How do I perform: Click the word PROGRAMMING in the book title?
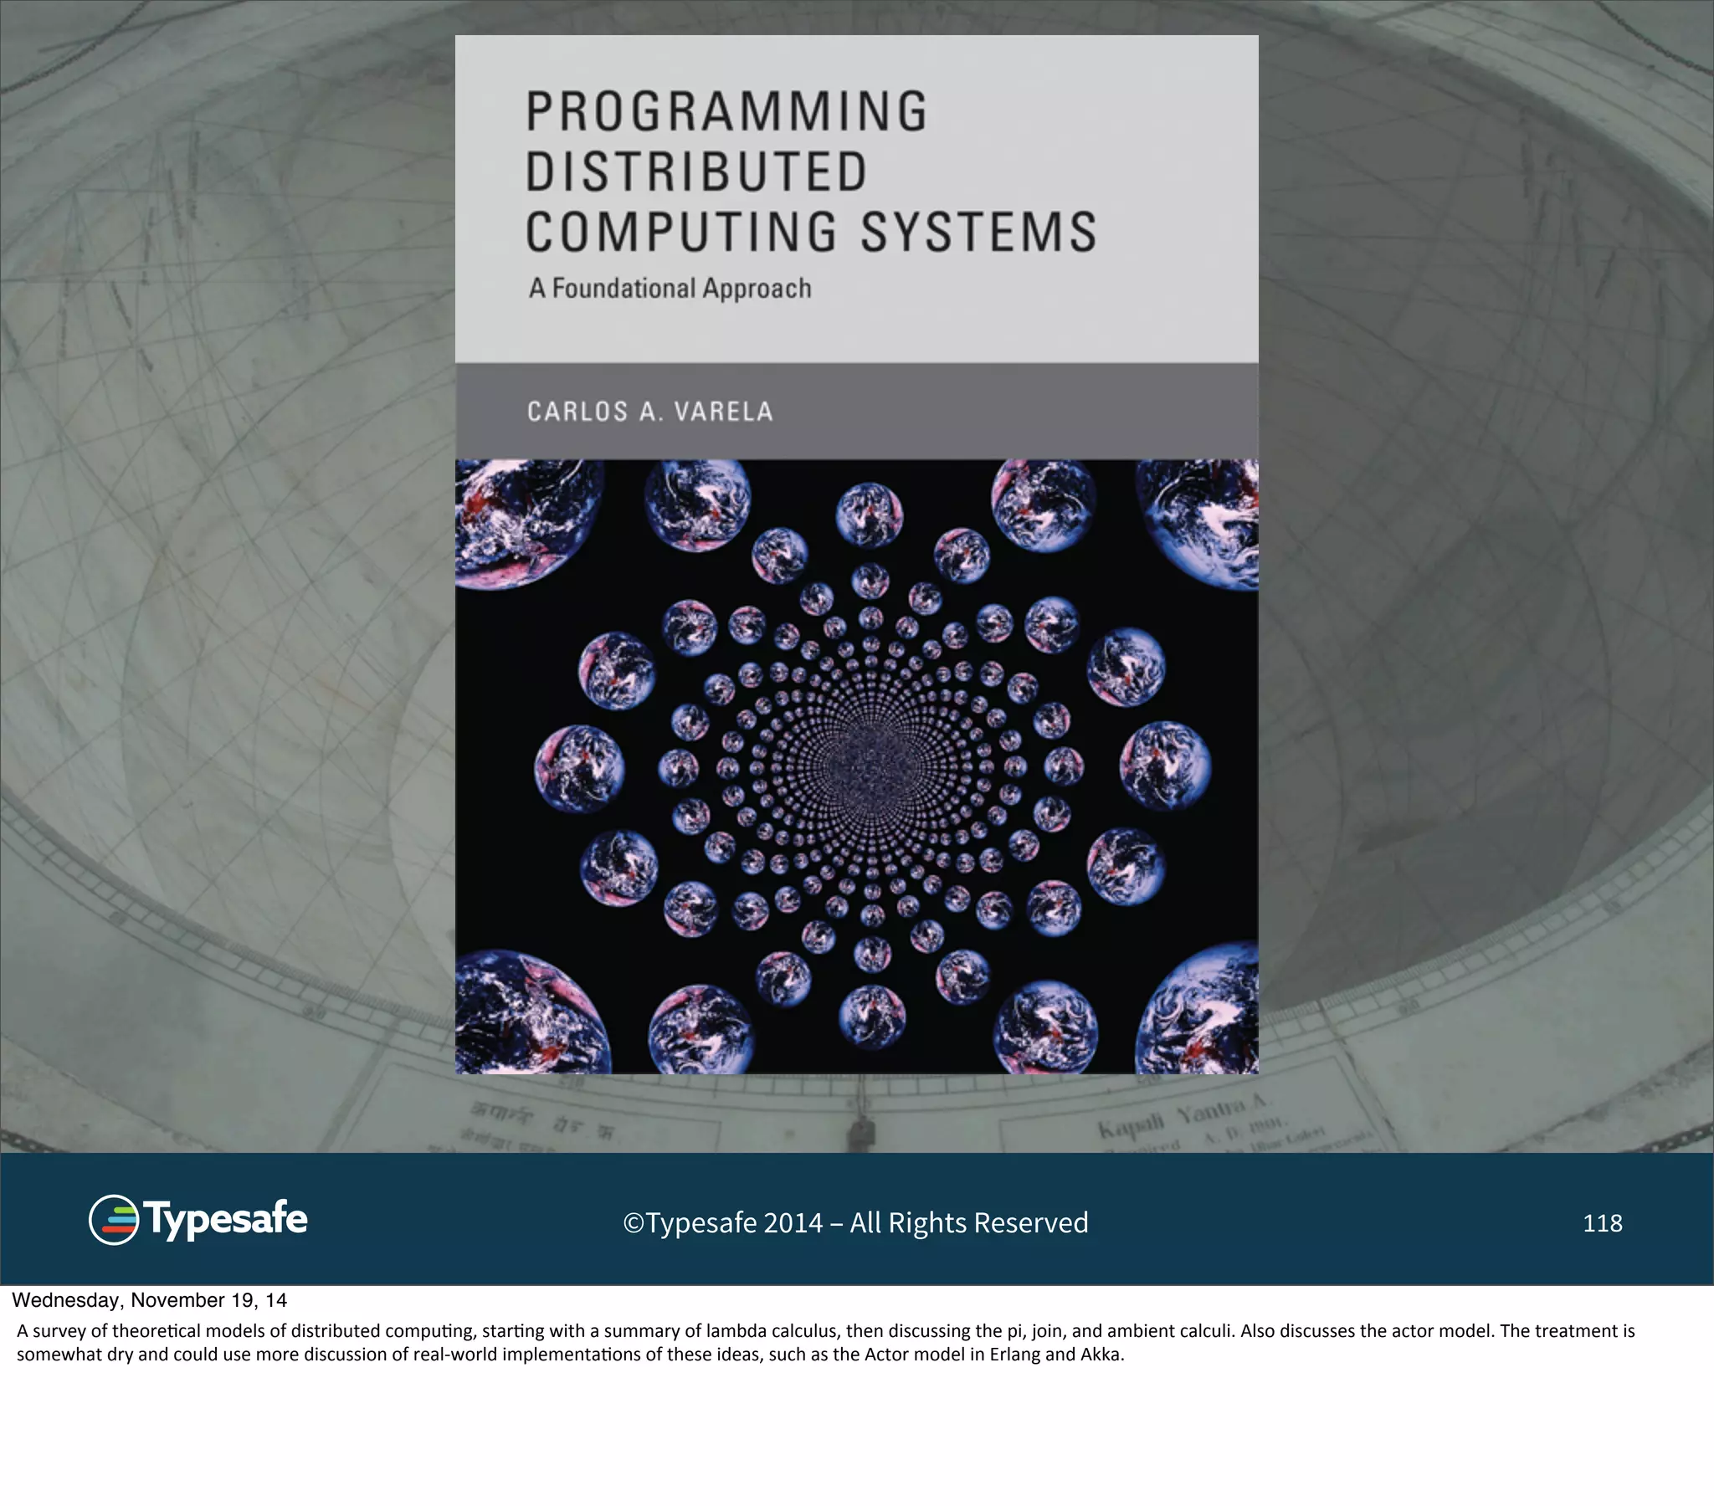(727, 111)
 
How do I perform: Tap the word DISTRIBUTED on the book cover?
(697, 172)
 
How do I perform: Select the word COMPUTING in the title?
(681, 233)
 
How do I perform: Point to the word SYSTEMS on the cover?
(979, 233)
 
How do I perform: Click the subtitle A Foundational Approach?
(670, 289)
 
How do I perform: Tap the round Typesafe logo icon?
(113, 1219)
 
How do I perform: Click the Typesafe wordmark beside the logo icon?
(226, 1219)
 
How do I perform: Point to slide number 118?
(1603, 1223)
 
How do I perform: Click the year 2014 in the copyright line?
(793, 1223)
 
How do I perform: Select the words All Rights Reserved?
(968, 1223)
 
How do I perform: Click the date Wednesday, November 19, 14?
(149, 1300)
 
